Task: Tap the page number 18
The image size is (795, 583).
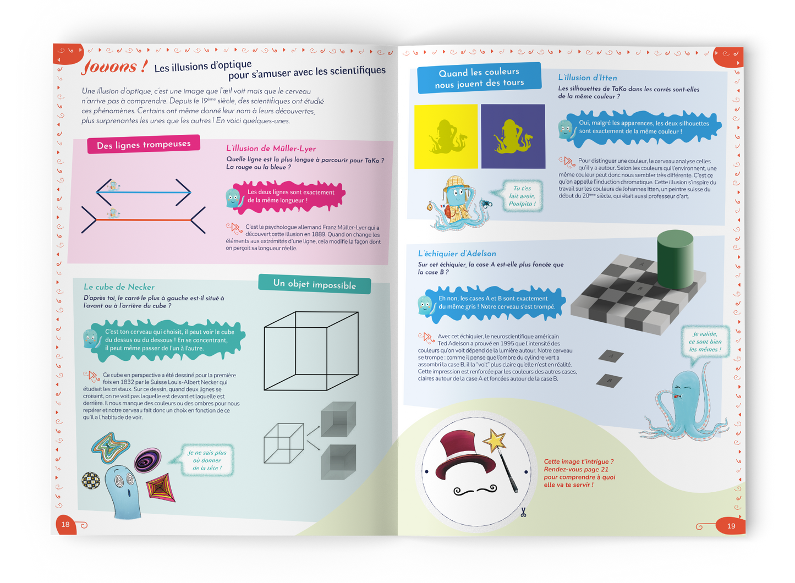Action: (x=65, y=524)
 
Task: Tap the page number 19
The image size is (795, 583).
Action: (x=731, y=526)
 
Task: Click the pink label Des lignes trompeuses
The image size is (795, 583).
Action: (x=144, y=145)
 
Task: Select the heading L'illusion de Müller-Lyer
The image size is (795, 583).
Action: (x=271, y=148)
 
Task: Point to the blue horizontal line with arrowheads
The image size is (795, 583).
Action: (x=144, y=193)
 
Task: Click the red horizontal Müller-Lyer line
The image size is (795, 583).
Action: (x=144, y=220)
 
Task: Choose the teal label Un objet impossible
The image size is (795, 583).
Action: (x=314, y=284)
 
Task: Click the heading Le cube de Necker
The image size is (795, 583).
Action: (x=119, y=287)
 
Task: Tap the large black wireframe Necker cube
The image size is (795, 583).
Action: (x=311, y=351)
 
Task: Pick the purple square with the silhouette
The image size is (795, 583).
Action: (x=513, y=136)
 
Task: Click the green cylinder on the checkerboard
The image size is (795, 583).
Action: (x=675, y=258)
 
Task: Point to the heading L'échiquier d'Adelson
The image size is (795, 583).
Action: (x=457, y=254)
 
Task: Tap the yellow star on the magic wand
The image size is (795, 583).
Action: (x=494, y=440)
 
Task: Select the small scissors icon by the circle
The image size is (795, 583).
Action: (x=523, y=513)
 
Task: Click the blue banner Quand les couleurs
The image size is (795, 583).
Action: (x=479, y=78)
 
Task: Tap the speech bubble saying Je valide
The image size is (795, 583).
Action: (x=705, y=342)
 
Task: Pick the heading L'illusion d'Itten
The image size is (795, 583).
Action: (x=587, y=78)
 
